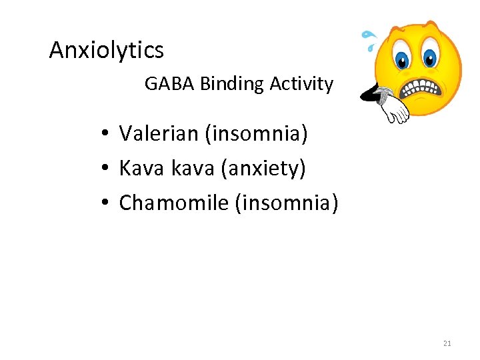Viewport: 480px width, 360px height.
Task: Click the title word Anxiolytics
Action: click(x=107, y=50)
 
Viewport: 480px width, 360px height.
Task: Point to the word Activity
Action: click(x=301, y=84)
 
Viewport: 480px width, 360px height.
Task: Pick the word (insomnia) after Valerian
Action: click(x=257, y=134)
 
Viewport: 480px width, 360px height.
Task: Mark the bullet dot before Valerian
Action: click(x=106, y=135)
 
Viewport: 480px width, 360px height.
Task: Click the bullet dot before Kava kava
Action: click(x=106, y=169)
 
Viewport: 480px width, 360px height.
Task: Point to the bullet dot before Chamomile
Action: click(x=106, y=203)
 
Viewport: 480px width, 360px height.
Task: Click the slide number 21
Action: click(x=447, y=343)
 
